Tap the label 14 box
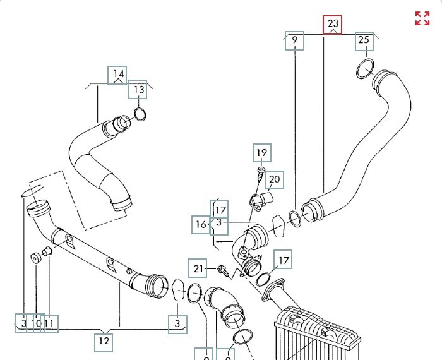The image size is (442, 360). tap(119, 75)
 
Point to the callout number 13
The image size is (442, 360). tap(138, 90)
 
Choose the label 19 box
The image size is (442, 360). tap(261, 152)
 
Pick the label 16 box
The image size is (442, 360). tap(201, 224)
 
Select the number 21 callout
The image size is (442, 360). tap(200, 269)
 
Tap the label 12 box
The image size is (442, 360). tap(104, 342)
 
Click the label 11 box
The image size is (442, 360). tap(50, 324)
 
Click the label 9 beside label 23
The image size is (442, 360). tap(294, 42)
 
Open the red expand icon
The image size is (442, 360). tap(422, 18)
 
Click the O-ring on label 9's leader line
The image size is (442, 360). tap(294, 218)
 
